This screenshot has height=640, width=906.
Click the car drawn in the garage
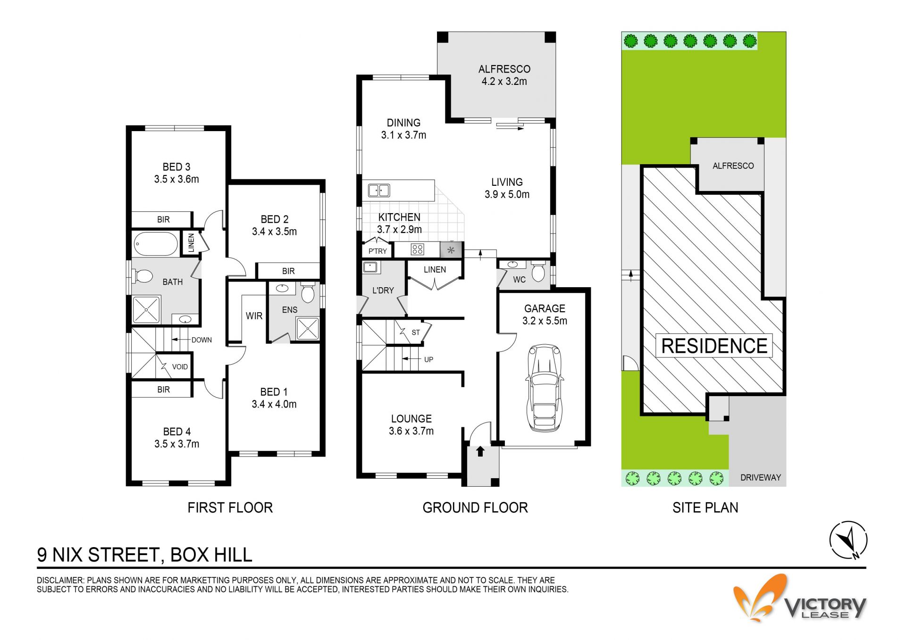click(x=544, y=388)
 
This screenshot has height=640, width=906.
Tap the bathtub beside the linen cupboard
click(x=155, y=244)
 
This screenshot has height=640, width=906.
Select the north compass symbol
click(x=848, y=540)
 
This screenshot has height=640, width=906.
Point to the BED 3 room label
click(x=176, y=167)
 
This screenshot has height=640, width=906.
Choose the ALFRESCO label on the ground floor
click(x=504, y=69)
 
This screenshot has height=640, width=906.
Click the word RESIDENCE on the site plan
click(x=714, y=346)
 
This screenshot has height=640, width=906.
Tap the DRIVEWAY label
click(x=760, y=477)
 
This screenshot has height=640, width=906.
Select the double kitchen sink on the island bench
click(x=378, y=190)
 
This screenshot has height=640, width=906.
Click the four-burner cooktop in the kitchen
click(x=417, y=249)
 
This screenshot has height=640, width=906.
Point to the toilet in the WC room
click(x=538, y=271)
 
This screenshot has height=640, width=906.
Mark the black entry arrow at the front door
click(x=480, y=451)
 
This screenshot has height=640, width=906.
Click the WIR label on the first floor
click(x=254, y=316)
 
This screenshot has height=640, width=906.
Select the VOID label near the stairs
click(x=180, y=366)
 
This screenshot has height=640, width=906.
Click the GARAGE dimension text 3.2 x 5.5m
click(x=545, y=321)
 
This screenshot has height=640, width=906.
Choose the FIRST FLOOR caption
click(x=230, y=507)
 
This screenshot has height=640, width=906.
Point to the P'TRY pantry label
click(x=377, y=251)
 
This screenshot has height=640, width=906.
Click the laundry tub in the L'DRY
click(x=370, y=268)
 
